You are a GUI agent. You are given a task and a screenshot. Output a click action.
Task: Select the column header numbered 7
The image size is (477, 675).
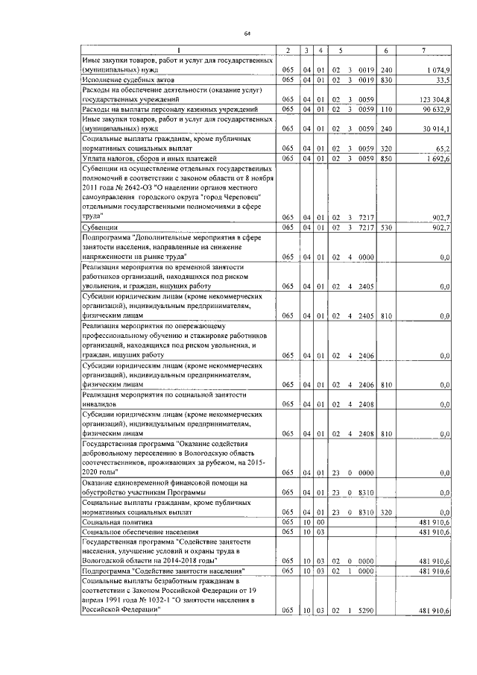[x=423, y=50]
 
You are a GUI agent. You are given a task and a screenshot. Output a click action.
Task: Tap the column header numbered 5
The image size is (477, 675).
[x=341, y=50]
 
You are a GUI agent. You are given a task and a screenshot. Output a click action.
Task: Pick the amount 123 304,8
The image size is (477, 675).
[x=433, y=99]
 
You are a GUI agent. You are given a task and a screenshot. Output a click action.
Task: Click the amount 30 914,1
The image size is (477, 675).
[x=435, y=128]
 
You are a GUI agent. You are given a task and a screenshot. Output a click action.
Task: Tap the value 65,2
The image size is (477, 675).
[x=441, y=148]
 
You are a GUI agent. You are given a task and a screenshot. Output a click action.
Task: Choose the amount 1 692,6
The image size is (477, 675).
[x=437, y=158]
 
